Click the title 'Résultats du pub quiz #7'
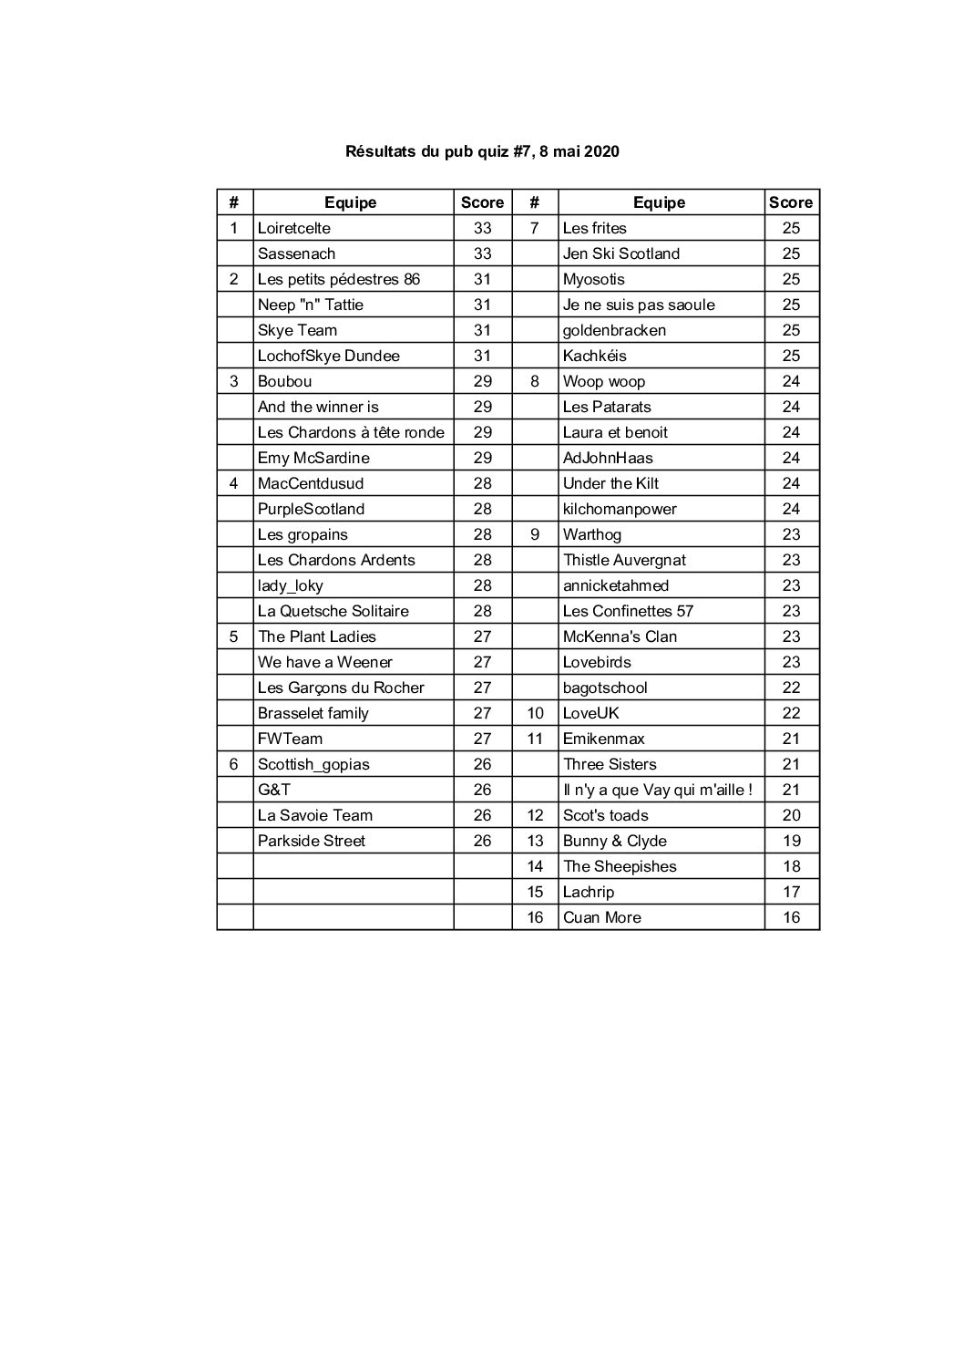(482, 151)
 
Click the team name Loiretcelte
(294, 228)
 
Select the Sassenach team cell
(296, 253)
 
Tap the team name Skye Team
(297, 330)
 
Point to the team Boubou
(284, 381)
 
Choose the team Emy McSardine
(313, 458)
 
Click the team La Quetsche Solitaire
(333, 611)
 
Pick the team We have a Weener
(324, 662)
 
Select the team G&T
(274, 790)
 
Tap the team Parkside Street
(311, 841)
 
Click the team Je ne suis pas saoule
(639, 305)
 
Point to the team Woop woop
(603, 381)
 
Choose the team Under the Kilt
(610, 483)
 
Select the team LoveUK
(590, 713)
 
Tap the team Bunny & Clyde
(614, 841)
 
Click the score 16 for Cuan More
(791, 917)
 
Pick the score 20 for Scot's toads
(791, 815)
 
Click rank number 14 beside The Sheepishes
(535, 866)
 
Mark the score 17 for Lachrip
(791, 892)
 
